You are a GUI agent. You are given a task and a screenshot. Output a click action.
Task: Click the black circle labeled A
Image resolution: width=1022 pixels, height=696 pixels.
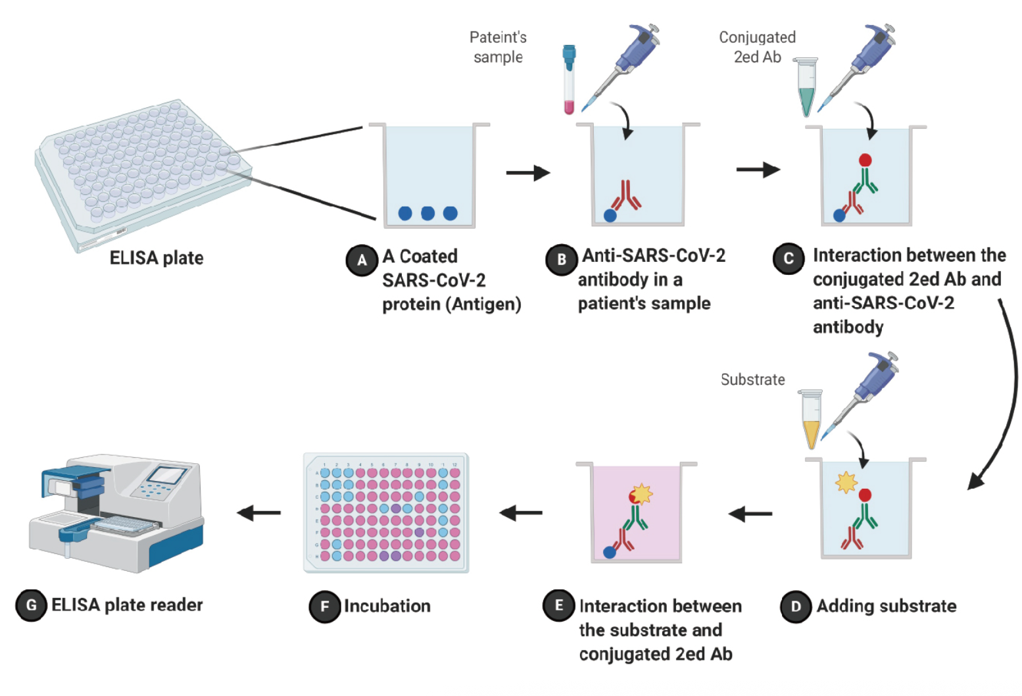pyautogui.click(x=362, y=261)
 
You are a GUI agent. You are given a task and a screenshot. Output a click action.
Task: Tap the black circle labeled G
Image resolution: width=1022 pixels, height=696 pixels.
pyautogui.click(x=31, y=605)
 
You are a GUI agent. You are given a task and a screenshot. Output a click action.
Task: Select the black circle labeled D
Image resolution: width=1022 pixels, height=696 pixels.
pyautogui.click(x=796, y=607)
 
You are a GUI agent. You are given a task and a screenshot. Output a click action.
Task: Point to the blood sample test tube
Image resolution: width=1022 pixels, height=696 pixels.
pyautogui.click(x=569, y=79)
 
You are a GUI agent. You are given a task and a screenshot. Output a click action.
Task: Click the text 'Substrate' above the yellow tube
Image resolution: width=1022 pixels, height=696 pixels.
pyautogui.click(x=752, y=380)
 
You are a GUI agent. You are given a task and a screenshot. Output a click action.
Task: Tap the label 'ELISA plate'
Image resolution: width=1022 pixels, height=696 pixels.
pyautogui.click(x=157, y=258)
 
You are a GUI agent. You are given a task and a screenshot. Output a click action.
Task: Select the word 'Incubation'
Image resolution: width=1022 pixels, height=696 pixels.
pyautogui.click(x=387, y=606)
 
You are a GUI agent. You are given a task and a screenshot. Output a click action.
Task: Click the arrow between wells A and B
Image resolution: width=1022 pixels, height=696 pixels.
pyautogui.click(x=527, y=173)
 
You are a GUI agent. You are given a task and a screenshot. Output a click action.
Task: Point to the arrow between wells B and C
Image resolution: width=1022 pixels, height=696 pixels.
pyautogui.click(x=758, y=170)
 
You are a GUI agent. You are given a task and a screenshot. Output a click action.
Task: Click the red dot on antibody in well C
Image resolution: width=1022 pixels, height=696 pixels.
pyautogui.click(x=865, y=160)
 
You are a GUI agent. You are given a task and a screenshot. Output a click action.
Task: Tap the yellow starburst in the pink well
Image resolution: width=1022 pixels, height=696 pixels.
pyautogui.click(x=641, y=492)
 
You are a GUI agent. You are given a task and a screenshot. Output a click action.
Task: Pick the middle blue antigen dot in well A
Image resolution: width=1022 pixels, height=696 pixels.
pyautogui.click(x=427, y=213)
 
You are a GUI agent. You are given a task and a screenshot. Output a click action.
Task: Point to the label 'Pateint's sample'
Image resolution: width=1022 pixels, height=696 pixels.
pyautogui.click(x=498, y=47)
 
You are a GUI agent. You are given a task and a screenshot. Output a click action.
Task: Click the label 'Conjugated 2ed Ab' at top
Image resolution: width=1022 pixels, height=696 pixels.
pyautogui.click(x=757, y=47)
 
